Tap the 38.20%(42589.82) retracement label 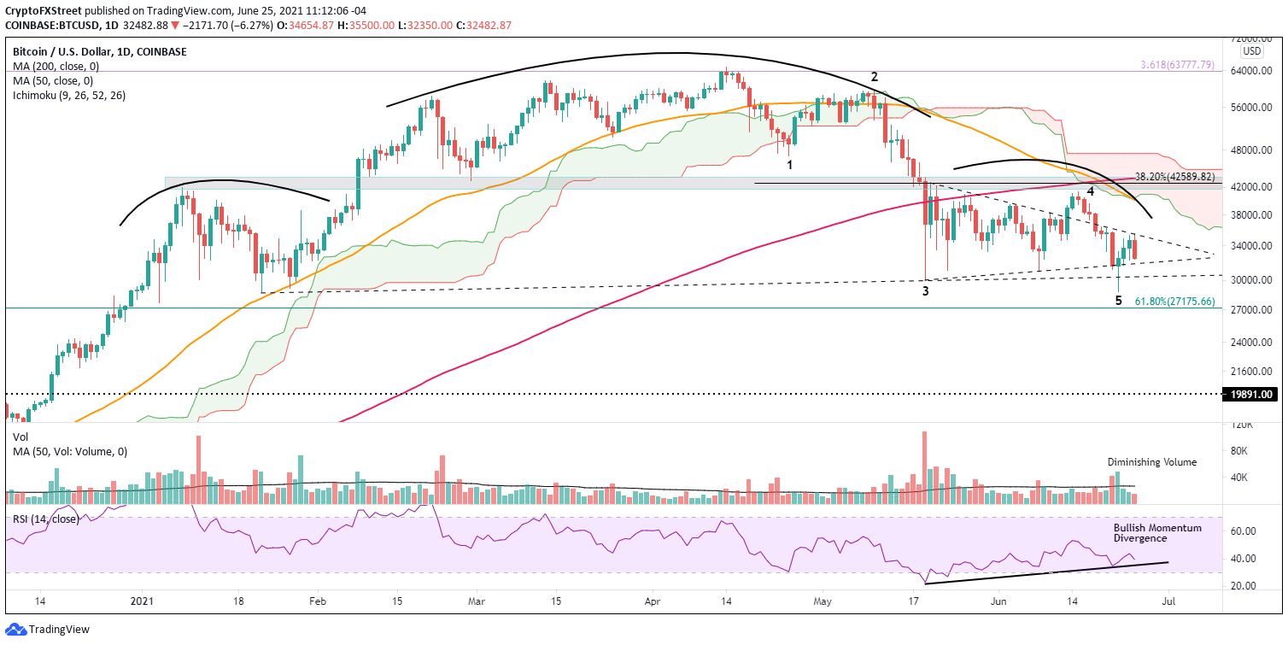click(x=1176, y=177)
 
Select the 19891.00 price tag click(x=1250, y=395)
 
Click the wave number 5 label click(x=1118, y=300)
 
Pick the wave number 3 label click(x=925, y=290)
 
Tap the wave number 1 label click(x=791, y=164)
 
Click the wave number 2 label click(x=874, y=77)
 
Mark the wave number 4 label click(x=1090, y=191)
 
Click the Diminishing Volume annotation click(x=1152, y=462)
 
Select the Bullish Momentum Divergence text click(x=1157, y=533)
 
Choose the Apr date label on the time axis click(x=653, y=601)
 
